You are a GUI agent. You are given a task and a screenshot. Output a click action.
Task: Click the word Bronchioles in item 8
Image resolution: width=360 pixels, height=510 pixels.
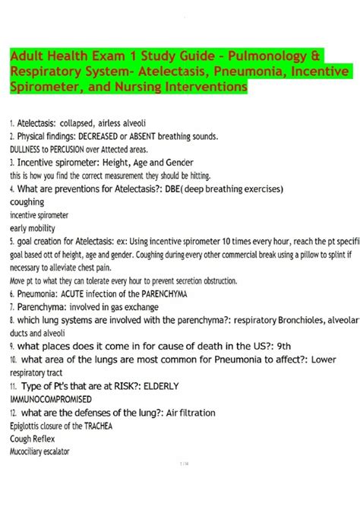[297, 320]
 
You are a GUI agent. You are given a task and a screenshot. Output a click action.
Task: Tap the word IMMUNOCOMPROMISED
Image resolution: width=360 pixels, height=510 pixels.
[51, 398]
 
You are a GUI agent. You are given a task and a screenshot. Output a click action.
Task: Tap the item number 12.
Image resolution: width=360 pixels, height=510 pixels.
[14, 412]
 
